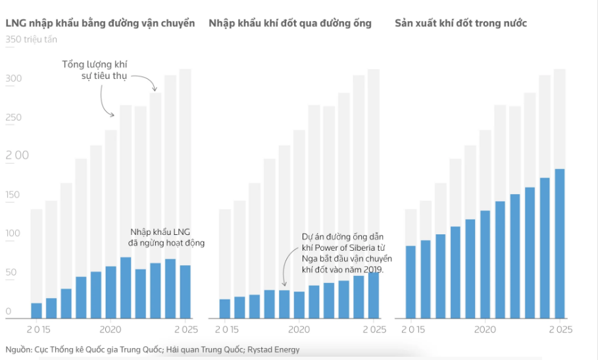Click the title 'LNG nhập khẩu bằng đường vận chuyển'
tap(100, 24)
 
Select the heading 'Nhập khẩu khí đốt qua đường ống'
tap(290, 24)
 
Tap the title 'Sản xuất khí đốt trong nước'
tap(461, 24)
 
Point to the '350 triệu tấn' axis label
tap(31, 39)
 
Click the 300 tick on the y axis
tap(14, 79)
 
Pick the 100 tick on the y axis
tap(14, 234)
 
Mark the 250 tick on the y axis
tap(14, 118)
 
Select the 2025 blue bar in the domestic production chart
tap(560, 244)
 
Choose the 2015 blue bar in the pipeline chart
tap(224, 309)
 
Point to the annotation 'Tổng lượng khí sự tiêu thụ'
tap(94, 70)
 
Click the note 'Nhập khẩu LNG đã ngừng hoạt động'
tap(166, 238)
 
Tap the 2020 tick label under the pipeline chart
tap(299, 329)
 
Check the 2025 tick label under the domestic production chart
tap(560, 329)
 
